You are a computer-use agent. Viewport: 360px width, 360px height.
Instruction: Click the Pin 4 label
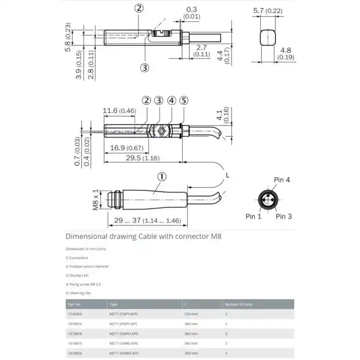pyautogui.click(x=281, y=179)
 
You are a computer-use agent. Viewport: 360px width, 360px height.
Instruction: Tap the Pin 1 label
pyautogui.click(x=253, y=217)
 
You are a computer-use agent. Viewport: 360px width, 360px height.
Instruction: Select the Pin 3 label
pyautogui.click(x=284, y=217)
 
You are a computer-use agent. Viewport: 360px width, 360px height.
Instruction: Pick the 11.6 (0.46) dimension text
pyautogui.click(x=119, y=111)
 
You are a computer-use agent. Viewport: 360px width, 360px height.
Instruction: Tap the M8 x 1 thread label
pyautogui.click(x=94, y=200)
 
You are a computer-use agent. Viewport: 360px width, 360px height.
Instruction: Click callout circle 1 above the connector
pyautogui.click(x=162, y=177)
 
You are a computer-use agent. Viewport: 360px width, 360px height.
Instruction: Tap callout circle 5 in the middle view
pyautogui.click(x=184, y=100)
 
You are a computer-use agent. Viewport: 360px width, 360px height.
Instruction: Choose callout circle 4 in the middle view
pyautogui.click(x=171, y=100)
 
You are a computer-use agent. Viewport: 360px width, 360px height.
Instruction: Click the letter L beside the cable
pyautogui.click(x=228, y=174)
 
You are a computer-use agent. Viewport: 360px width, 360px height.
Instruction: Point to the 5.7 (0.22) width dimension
pyautogui.click(x=268, y=10)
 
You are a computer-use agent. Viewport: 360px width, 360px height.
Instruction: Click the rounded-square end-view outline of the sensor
pyautogui.click(x=267, y=38)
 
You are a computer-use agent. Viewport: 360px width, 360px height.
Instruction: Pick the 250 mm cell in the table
pyautogui.click(x=190, y=314)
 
